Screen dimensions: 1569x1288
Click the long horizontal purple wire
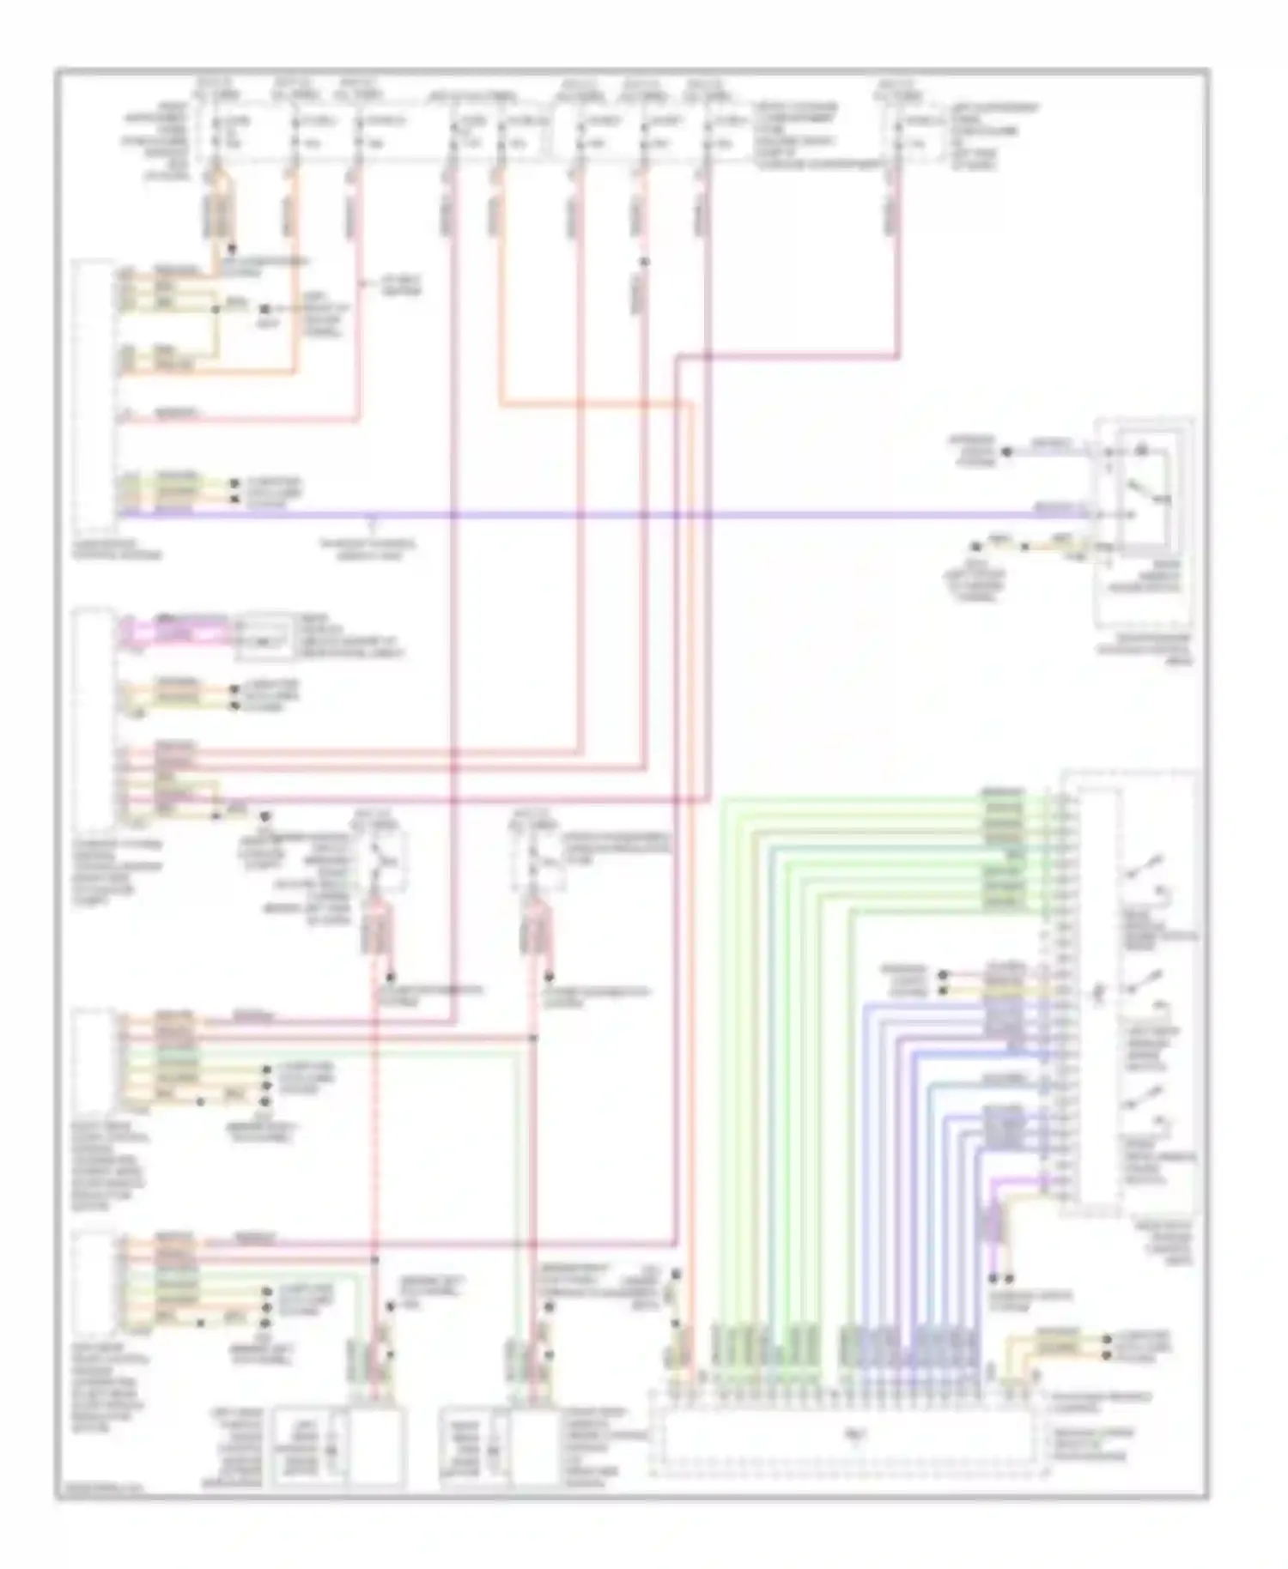click(601, 515)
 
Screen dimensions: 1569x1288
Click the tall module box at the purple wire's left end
click(94, 395)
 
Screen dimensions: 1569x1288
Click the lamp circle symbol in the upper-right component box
click(1142, 450)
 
